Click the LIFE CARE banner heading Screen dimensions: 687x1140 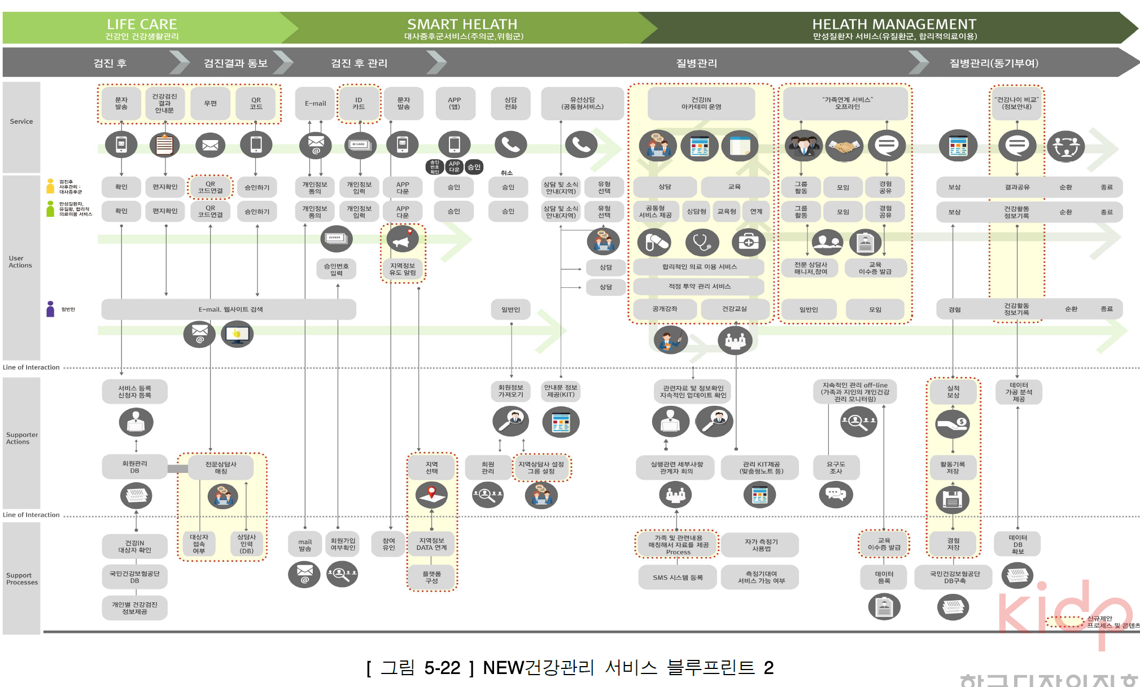click(142, 25)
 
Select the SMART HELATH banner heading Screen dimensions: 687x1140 click(462, 25)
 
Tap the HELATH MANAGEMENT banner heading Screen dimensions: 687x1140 click(894, 25)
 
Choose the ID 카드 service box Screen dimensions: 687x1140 click(359, 103)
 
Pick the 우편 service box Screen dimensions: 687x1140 click(210, 103)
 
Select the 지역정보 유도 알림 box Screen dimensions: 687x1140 click(402, 269)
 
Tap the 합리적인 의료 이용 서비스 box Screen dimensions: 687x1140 click(699, 267)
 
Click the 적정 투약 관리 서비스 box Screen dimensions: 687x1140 click(699, 287)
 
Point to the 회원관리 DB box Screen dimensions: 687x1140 click(134, 467)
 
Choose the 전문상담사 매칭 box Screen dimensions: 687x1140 click(221, 467)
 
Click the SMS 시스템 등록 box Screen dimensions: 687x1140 click(678, 577)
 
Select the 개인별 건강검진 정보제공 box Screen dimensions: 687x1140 click(134, 608)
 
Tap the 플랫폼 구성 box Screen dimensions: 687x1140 click(431, 577)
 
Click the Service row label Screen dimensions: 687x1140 click(21, 121)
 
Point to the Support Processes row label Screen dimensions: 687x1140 click(22, 579)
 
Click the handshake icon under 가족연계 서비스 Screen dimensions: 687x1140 click(844, 146)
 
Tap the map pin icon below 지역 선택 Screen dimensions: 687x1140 click(431, 495)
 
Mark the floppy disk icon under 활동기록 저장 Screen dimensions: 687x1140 click(953, 500)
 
